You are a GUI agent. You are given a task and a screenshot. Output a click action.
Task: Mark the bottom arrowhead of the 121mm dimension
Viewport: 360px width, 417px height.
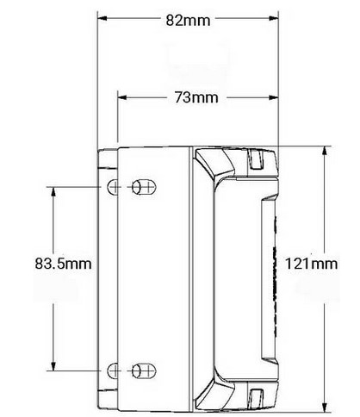[x=324, y=405]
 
